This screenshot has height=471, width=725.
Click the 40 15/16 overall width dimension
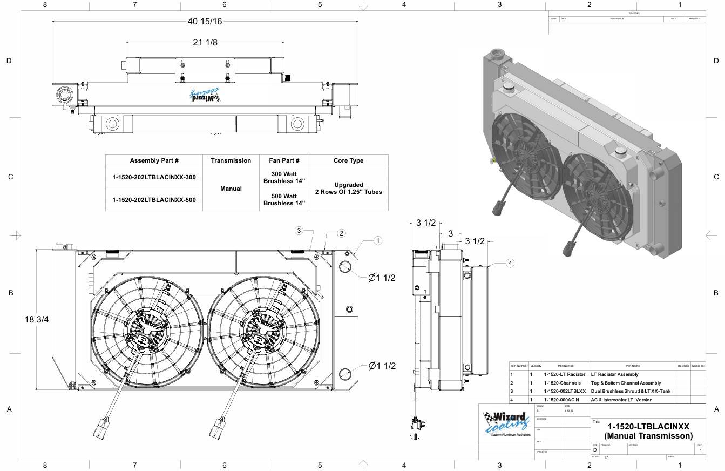coord(205,22)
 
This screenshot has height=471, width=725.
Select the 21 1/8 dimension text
coord(205,43)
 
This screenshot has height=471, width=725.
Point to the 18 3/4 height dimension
coord(37,319)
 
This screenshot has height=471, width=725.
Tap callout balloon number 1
coord(378,240)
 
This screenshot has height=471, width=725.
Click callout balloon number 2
coord(341,233)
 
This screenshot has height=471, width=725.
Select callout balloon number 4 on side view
coord(510,263)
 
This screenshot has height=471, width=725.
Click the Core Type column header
coord(348,160)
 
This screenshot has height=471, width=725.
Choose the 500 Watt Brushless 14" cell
coord(284,200)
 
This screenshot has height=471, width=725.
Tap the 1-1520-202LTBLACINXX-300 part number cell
coord(154,177)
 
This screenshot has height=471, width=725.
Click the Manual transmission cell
coord(231,189)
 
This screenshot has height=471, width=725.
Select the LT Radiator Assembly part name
coord(614,374)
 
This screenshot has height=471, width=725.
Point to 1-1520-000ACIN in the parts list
coord(561,400)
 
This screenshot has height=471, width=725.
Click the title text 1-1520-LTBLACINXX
coord(648,427)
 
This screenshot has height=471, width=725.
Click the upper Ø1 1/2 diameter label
coord(382,278)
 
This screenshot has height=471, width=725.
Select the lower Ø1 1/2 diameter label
coord(382,366)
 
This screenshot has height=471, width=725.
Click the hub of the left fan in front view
coord(147,330)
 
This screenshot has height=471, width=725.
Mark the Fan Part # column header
coord(284,160)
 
